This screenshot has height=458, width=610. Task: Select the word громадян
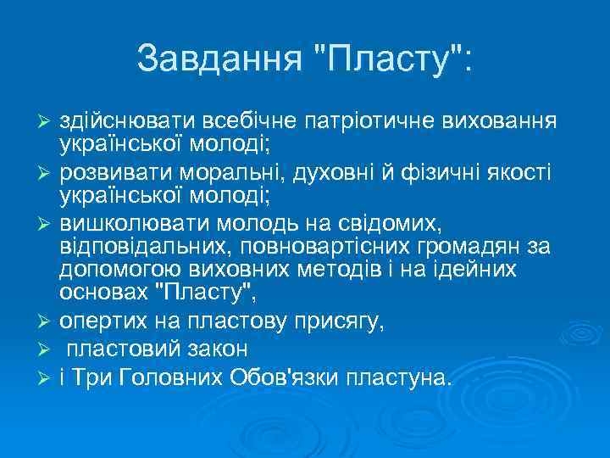pos(457,247)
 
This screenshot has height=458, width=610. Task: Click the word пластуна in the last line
pos(406,377)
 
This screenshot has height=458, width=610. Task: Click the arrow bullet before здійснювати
pos(47,124)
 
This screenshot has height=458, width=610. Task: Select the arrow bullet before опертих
pos(47,321)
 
